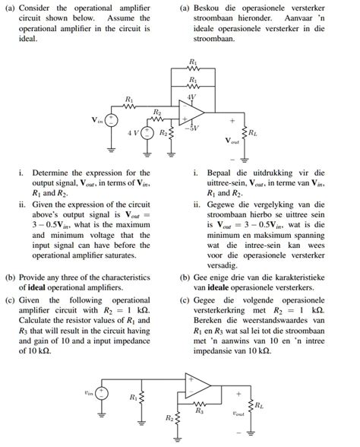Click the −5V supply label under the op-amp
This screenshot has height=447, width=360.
click(194, 128)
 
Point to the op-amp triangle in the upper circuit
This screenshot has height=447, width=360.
click(192, 114)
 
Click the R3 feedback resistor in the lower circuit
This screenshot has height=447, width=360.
click(200, 404)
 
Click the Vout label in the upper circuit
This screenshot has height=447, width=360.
click(232, 141)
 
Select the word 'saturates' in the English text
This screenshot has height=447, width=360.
click(128, 257)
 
